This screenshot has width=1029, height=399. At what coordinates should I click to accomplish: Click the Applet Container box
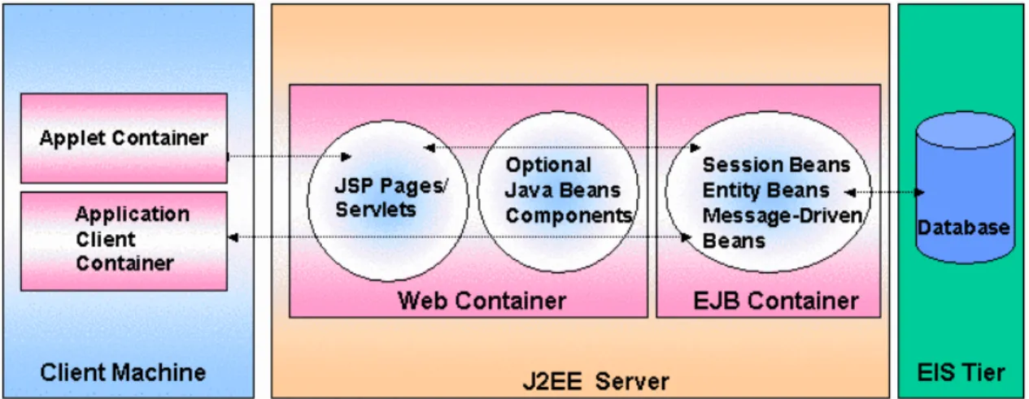(x=124, y=138)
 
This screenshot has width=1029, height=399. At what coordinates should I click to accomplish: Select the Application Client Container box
(x=124, y=241)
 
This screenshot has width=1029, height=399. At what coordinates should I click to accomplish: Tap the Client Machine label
(x=123, y=372)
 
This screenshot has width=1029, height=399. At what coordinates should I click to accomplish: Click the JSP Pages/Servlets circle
(x=388, y=201)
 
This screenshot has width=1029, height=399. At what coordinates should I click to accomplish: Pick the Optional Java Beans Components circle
(x=558, y=192)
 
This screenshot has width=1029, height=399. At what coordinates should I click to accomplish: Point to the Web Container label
(x=482, y=301)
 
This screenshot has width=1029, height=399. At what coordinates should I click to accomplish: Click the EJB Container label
(x=776, y=301)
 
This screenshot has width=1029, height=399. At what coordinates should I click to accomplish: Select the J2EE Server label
(x=595, y=382)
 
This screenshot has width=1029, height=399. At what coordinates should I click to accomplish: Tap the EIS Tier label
(x=961, y=372)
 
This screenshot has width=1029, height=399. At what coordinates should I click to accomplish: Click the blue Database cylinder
(x=966, y=188)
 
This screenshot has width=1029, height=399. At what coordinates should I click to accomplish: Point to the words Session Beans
(x=776, y=165)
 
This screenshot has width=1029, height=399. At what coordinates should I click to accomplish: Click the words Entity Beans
(x=765, y=190)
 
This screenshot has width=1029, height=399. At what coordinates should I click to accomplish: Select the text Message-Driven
(x=783, y=215)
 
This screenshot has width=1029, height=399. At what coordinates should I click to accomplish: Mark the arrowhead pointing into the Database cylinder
(x=919, y=193)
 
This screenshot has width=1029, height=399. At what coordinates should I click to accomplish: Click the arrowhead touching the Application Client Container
(x=233, y=237)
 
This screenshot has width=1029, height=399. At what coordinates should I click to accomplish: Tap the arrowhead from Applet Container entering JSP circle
(x=347, y=157)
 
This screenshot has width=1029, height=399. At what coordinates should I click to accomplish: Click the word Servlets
(x=375, y=210)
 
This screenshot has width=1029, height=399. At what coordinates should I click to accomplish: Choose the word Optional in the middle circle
(x=548, y=165)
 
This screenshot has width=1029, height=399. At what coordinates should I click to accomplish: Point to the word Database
(x=963, y=228)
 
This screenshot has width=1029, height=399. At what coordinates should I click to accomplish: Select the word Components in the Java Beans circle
(x=569, y=216)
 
